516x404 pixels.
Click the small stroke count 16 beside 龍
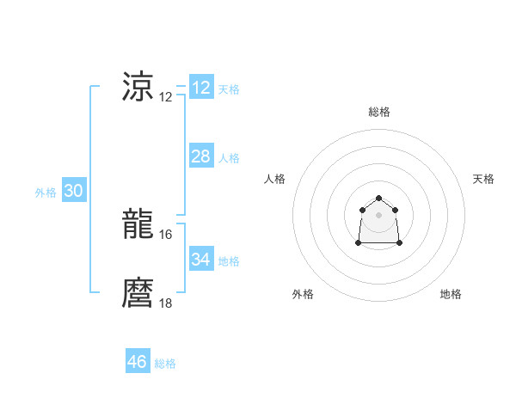(166, 234)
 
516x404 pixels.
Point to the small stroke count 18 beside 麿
(166, 303)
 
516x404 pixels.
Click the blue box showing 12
(201, 88)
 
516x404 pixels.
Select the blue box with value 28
(201, 156)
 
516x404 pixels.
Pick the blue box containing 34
(201, 260)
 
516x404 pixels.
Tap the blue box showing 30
(73, 192)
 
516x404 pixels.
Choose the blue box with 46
(138, 362)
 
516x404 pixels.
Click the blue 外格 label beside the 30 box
(46, 193)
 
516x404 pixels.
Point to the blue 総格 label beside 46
(165, 364)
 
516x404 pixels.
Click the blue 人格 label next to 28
(229, 158)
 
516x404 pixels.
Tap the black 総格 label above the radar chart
(379, 112)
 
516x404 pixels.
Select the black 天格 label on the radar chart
(483, 179)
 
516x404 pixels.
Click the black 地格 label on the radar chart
(451, 294)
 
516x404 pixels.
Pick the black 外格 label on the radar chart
(303, 294)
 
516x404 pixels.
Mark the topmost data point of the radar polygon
(378, 199)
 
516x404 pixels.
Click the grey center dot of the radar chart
(378, 215)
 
